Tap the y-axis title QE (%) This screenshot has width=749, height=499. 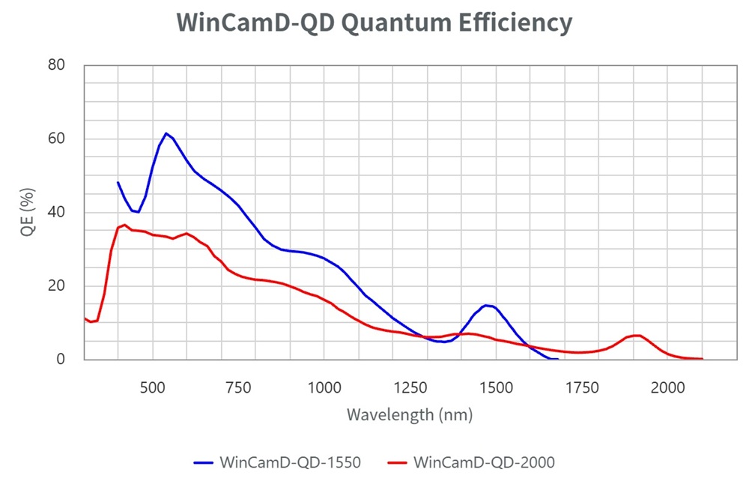tap(28, 212)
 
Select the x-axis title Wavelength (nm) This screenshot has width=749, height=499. tap(410, 414)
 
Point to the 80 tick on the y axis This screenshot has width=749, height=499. tap(56, 65)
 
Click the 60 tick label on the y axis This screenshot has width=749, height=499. tap(56, 139)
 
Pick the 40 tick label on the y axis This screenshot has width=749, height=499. tap(56, 212)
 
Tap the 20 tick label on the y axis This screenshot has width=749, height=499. tap(56, 285)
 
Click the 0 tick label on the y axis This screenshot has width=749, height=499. tap(61, 359)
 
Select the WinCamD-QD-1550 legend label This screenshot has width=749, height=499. tap(291, 462)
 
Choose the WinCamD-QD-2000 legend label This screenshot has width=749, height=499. tap(484, 462)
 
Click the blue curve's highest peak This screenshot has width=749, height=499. tap(166, 133)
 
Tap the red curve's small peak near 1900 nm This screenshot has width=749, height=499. tap(637, 335)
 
